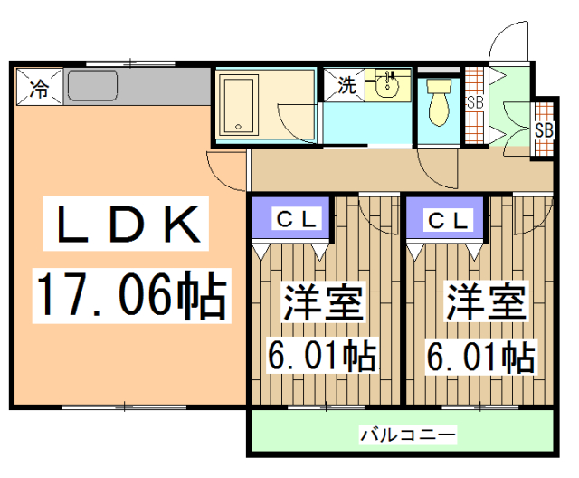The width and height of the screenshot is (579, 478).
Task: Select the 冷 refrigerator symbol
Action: click(x=39, y=88)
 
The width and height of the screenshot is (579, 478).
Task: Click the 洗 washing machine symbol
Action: click(x=346, y=88)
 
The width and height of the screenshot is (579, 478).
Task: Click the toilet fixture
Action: click(x=439, y=101)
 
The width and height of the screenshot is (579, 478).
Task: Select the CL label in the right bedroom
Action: click(x=449, y=219)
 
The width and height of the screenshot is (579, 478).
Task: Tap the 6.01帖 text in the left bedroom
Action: click(x=322, y=356)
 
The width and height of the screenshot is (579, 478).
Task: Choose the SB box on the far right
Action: click(x=543, y=129)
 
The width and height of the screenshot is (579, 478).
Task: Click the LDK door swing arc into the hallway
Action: click(x=226, y=167)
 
